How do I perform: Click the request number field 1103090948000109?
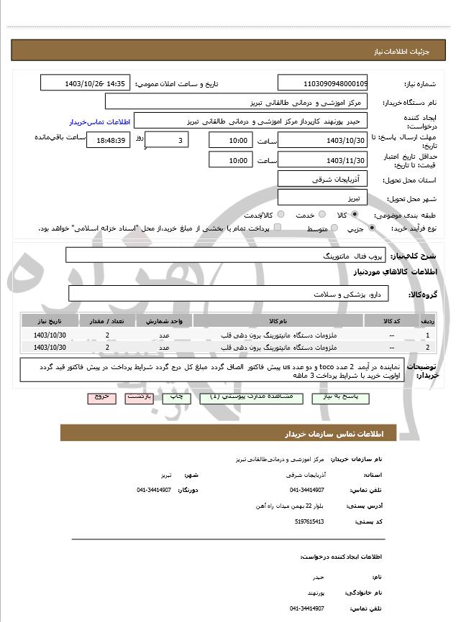pos(322,83)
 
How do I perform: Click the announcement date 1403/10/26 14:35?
pos(85,83)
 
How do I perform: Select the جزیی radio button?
pos(372,228)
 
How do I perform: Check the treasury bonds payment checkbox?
pos(278,228)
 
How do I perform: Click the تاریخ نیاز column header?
pos(50,320)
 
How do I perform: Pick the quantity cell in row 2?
pos(108,348)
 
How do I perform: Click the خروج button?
pos(101,396)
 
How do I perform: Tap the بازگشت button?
pos(139,396)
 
